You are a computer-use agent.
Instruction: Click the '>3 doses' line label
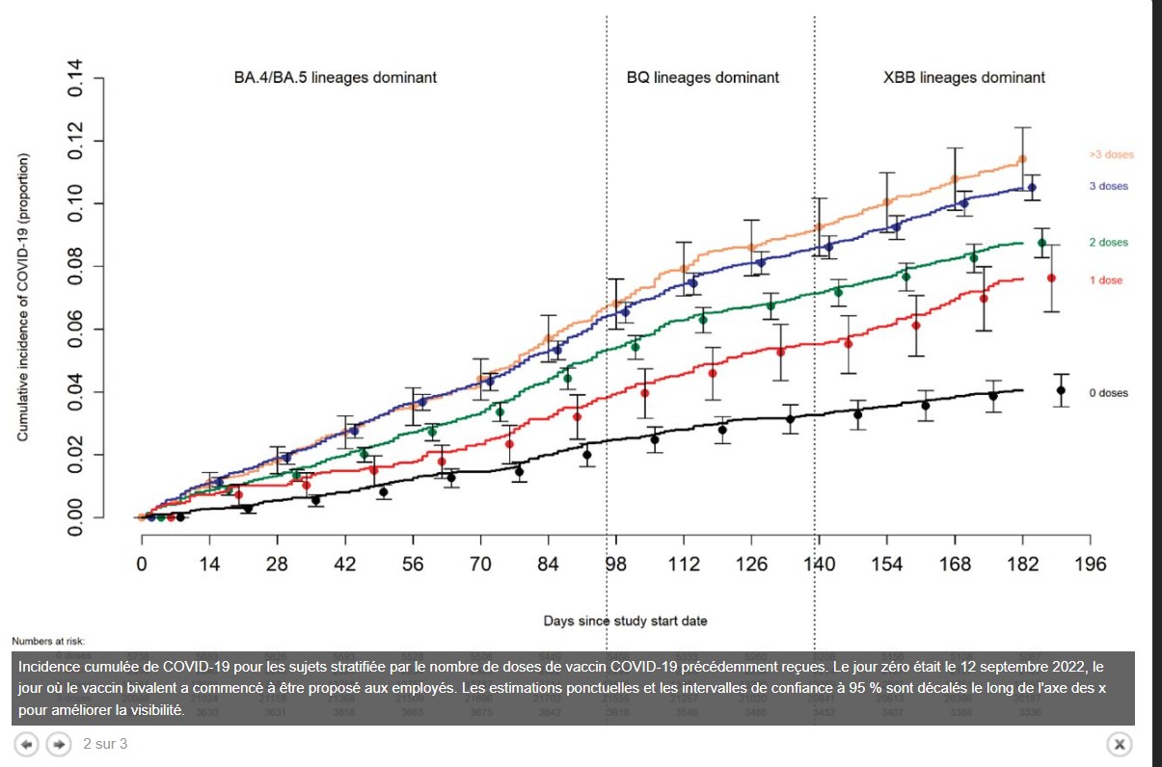click(1111, 155)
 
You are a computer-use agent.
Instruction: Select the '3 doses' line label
click(1108, 186)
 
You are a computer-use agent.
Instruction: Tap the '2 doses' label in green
click(1108, 243)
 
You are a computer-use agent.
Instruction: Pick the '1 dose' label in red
click(1107, 279)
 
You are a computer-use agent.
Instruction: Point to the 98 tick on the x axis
click(615, 564)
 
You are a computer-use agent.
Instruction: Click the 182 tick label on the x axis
click(1022, 564)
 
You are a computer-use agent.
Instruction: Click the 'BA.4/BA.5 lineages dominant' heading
click(335, 77)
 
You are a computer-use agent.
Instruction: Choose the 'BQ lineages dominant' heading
click(702, 77)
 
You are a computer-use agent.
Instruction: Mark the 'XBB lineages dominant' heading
click(963, 77)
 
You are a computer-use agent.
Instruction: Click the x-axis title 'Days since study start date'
click(625, 621)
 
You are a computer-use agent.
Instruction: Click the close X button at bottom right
click(1119, 744)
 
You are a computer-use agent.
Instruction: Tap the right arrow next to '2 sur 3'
click(59, 744)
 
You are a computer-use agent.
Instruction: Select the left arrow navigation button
click(28, 744)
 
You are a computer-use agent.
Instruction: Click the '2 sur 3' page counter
click(105, 744)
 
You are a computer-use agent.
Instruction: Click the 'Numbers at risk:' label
click(49, 641)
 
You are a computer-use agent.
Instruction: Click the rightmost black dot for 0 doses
click(1061, 390)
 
